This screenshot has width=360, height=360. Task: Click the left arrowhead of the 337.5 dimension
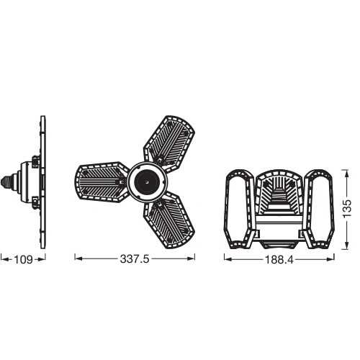pyautogui.click(x=77, y=258)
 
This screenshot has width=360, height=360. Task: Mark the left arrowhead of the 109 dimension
pyautogui.click(x=3, y=258)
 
